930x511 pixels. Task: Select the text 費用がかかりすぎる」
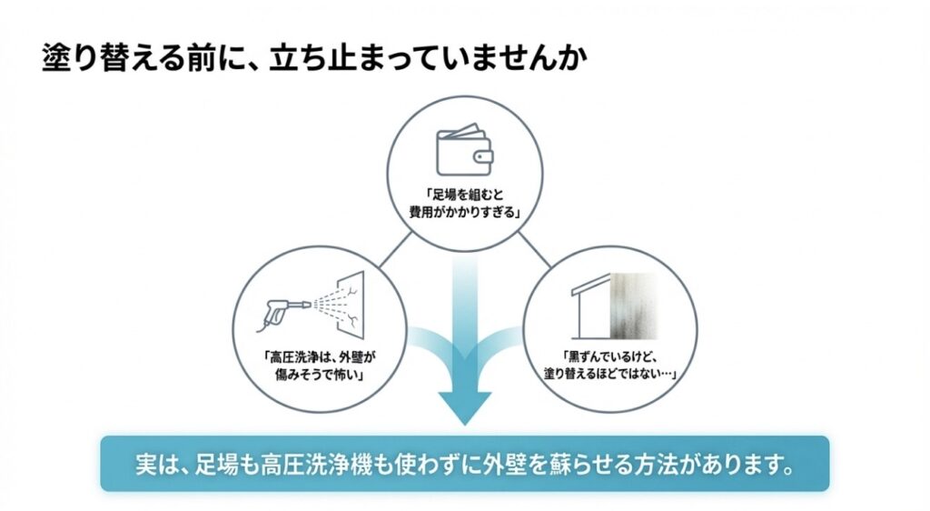pos(465,214)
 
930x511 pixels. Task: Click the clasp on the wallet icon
pos(484,155)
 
